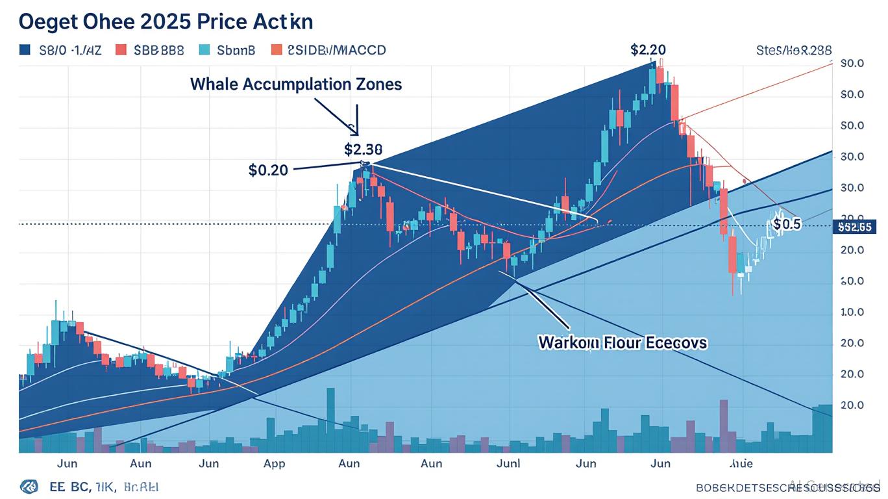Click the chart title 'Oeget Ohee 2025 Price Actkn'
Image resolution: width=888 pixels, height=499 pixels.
[x=166, y=21]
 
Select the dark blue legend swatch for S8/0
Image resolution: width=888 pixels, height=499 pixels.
[x=25, y=50]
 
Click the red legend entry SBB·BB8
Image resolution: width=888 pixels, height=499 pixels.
[x=150, y=50]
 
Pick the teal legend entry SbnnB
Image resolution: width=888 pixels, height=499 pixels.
[x=227, y=50]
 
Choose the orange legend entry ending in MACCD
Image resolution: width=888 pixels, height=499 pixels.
[x=328, y=50]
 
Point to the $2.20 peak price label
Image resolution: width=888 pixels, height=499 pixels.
[x=647, y=49]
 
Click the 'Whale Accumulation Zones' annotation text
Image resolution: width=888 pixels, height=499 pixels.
[x=296, y=84]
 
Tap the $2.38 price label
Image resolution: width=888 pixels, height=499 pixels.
[x=363, y=149]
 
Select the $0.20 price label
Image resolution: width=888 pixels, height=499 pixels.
[x=268, y=170]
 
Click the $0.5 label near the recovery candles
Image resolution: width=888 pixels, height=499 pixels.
[x=787, y=224]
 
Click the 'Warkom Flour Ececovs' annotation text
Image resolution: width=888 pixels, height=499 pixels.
[x=623, y=342]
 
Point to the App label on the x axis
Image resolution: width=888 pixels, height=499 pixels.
[x=274, y=463]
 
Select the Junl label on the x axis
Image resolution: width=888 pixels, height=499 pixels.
[x=508, y=463]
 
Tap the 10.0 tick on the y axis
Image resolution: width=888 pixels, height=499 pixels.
[x=852, y=312]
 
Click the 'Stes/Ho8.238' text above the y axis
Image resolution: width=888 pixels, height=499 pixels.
[x=794, y=50]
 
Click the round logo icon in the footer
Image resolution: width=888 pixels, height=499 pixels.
[x=29, y=487]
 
